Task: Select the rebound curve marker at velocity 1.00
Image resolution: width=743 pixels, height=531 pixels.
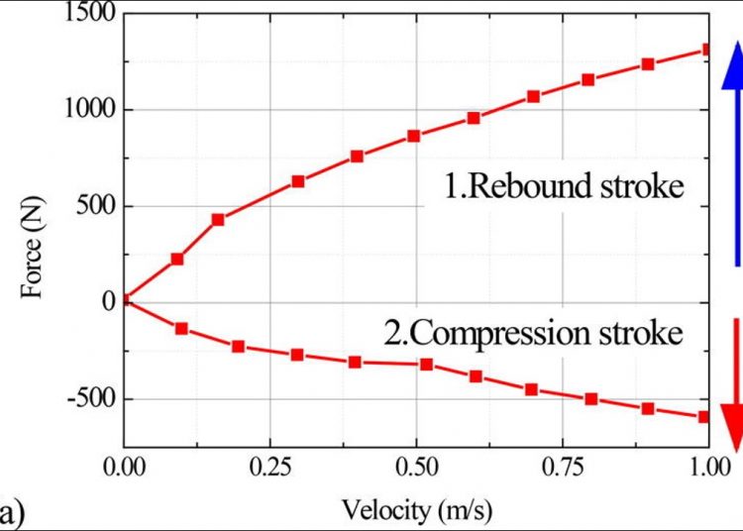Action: [x=706, y=49]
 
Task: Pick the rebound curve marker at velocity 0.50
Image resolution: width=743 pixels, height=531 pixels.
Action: [x=414, y=136]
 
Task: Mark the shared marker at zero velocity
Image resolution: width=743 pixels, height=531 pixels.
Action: [x=125, y=299]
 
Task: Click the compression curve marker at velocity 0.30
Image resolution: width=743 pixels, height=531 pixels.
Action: [x=296, y=354]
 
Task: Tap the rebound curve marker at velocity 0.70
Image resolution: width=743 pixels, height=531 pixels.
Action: [x=533, y=96]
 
